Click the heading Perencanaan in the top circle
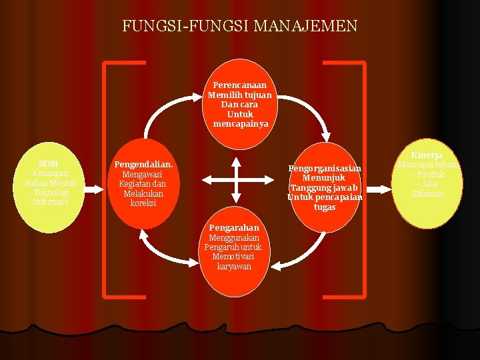tap(240, 85)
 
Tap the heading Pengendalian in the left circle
tap(143, 164)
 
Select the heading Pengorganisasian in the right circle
tap(325, 169)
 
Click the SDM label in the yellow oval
tap(49, 164)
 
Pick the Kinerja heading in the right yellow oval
tap(427, 155)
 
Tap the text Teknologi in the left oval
tap(51, 192)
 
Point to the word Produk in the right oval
tap(430, 175)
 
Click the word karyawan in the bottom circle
tap(234, 267)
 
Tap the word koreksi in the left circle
tap(143, 203)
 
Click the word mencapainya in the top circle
tap(241, 124)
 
